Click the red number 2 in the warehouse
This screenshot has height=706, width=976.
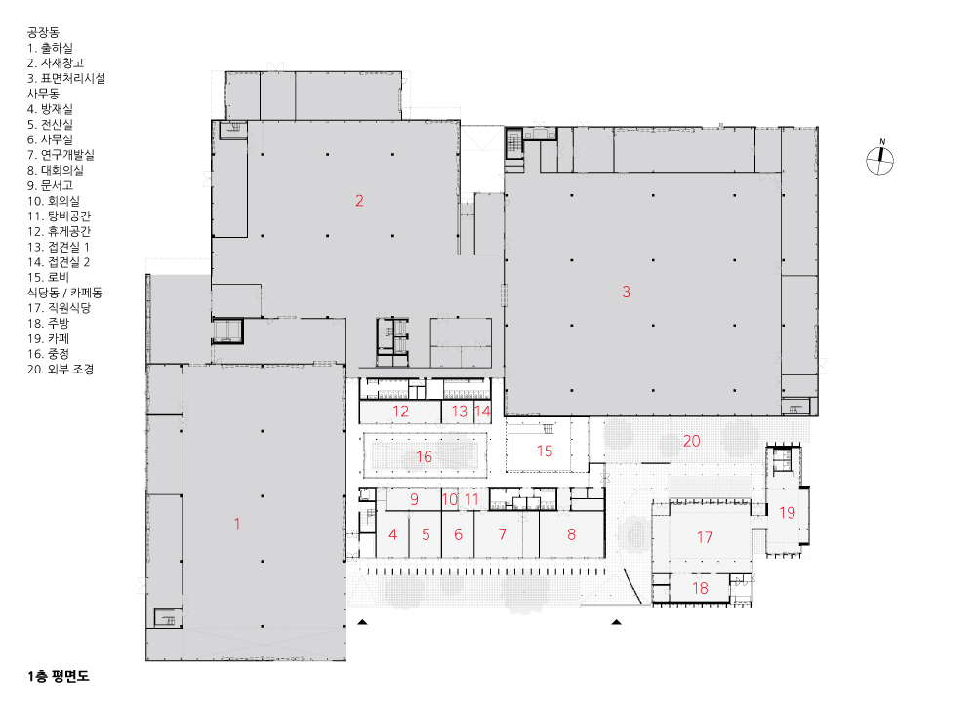pos(359,201)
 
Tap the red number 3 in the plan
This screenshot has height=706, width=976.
pos(627,292)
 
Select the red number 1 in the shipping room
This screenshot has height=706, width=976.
pos(237,524)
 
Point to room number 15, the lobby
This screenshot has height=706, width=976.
pos(545,451)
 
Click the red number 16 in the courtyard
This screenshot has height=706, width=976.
pos(424,456)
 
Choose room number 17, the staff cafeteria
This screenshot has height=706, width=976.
pos(704,536)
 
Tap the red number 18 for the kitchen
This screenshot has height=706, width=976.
pos(700,588)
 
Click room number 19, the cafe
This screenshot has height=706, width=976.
pos(788,513)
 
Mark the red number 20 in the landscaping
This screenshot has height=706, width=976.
pos(692,441)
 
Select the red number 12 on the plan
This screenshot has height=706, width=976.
pos(401,412)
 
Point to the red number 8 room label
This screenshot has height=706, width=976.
pos(571,534)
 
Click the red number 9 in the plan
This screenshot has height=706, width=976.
pos(415,499)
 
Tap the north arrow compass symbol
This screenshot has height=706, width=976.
pos(880,159)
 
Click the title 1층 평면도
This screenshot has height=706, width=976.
pos(59,676)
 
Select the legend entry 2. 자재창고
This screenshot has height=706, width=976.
pos(56,62)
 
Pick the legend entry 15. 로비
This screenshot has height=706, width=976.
pos(48,277)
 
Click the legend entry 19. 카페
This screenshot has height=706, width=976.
pos(48,338)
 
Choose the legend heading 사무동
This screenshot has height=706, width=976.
pos(43,94)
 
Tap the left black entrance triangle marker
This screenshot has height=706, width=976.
pos(362,622)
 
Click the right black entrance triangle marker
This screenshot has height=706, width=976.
pos(616,622)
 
